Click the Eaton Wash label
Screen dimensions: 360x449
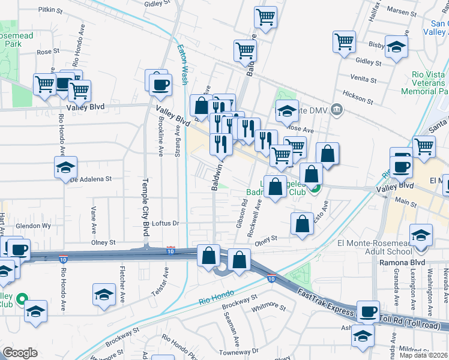[x=182, y=65]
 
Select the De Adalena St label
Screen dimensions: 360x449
[x=91, y=179]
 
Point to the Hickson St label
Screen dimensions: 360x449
[x=359, y=94]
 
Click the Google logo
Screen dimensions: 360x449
[x=20, y=353]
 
